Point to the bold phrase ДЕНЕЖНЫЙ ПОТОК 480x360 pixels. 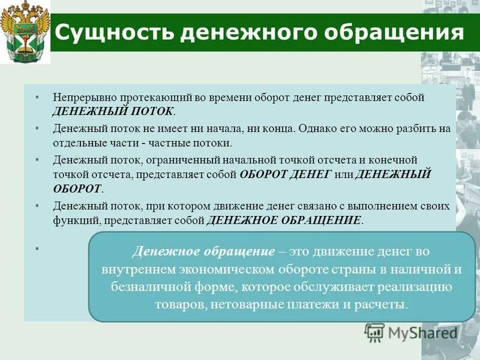[x=114, y=112]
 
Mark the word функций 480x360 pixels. [x=76, y=220]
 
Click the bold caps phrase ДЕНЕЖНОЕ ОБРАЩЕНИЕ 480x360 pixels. [x=284, y=220]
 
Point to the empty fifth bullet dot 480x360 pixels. [x=37, y=248]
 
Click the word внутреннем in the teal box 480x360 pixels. [x=150, y=268]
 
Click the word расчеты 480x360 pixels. [x=384, y=304]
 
